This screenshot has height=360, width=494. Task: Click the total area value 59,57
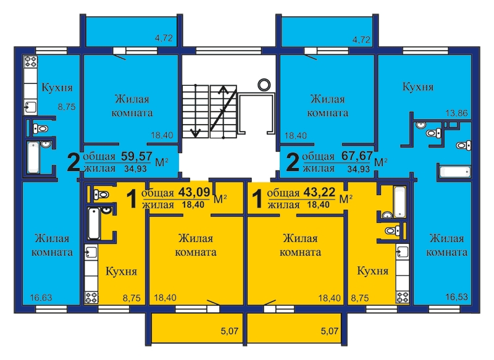click(x=136, y=156)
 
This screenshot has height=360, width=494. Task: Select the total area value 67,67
click(x=357, y=156)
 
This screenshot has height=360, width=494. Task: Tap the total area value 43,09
click(x=194, y=192)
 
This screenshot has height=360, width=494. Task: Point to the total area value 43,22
click(x=319, y=192)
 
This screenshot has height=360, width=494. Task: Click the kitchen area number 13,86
click(x=456, y=113)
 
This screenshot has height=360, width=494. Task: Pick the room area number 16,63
click(x=41, y=297)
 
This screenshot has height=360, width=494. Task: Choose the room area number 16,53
click(x=456, y=296)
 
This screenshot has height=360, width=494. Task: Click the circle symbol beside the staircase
click(x=264, y=85)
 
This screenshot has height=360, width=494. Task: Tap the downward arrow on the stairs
click(x=196, y=111)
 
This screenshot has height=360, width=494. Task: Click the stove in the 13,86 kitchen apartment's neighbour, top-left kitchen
click(x=31, y=61)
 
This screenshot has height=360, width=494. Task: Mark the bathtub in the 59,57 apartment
click(x=33, y=157)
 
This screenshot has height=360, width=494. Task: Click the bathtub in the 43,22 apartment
click(x=400, y=202)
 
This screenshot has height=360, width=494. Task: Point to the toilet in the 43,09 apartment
click(x=101, y=195)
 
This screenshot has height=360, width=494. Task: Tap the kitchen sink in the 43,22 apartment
click(x=403, y=252)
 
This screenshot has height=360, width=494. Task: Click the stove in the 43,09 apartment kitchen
click(x=91, y=297)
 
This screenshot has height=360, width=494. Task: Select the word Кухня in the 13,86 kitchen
click(x=418, y=86)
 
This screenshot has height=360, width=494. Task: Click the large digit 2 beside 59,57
click(x=73, y=162)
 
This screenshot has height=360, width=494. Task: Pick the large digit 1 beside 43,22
click(x=257, y=199)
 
